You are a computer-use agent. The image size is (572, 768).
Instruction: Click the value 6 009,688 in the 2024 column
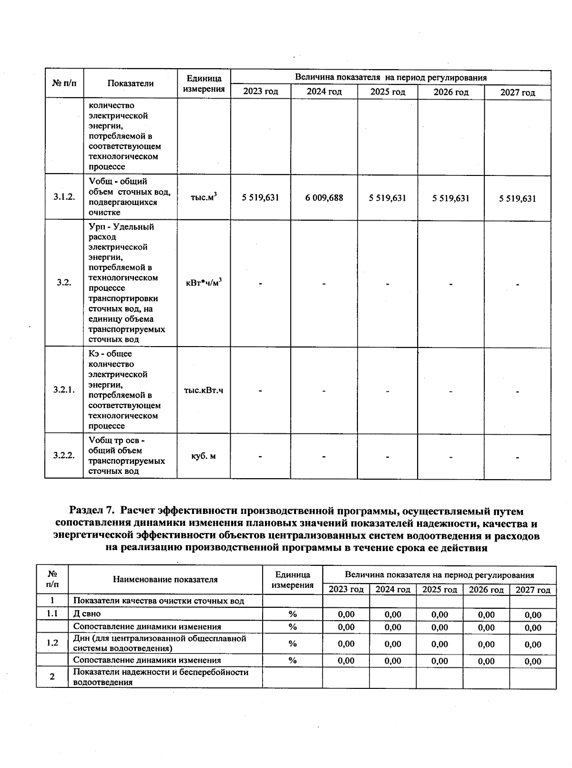coord(324,198)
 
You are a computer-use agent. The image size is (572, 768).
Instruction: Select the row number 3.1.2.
coord(64,197)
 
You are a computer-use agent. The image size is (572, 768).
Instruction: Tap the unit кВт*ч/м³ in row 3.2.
coord(204,283)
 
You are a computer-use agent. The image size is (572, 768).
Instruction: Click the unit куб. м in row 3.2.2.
coord(204,456)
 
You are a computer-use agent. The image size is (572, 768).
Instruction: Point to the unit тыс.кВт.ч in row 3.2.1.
coord(204,390)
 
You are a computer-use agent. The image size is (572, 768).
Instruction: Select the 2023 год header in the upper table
coord(260,92)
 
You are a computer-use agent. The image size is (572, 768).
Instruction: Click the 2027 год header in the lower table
coord(533,590)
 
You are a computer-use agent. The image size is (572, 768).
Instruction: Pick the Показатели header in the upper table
coord(130,83)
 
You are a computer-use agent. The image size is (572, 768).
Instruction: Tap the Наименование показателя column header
coord(165,580)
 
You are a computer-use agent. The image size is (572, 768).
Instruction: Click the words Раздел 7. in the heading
coord(93,512)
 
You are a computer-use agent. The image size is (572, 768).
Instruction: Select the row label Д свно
coord(87,614)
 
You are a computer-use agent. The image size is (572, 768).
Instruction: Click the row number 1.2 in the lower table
coord(52,643)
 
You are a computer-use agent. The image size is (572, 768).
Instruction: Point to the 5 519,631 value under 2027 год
coord(518,199)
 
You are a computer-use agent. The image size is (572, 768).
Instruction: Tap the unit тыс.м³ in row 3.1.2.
coord(204,197)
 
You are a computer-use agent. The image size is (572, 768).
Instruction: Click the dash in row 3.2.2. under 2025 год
coord(388,457)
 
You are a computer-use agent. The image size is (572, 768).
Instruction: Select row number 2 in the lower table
coord(52,677)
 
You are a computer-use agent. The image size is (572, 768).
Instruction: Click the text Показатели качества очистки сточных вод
coord(158,601)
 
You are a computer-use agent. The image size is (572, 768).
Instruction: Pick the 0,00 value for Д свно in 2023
coord(346,614)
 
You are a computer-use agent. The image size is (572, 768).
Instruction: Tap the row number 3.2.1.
coord(64,390)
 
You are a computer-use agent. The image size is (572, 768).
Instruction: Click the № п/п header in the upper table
coord(64,83)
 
